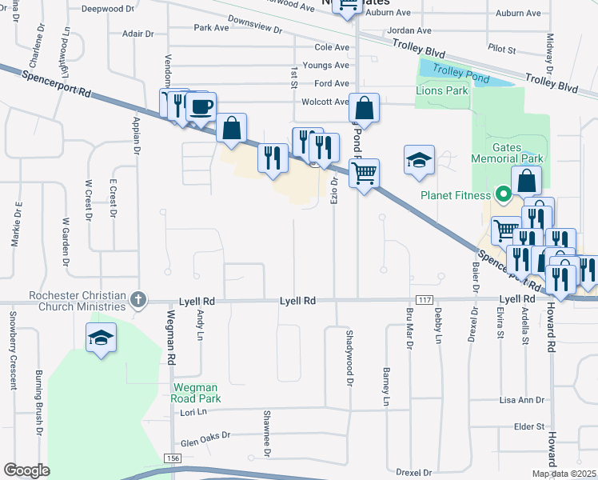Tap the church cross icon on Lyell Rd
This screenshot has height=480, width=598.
coord(138,300)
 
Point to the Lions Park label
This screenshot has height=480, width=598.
coord(442,91)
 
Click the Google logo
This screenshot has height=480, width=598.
coord(26,470)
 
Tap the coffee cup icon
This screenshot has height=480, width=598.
coord(201,106)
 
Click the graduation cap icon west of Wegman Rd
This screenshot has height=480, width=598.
coord(102,338)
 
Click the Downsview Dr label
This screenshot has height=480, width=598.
coord(255,25)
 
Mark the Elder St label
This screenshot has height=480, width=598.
coord(529,427)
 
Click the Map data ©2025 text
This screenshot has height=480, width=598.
coord(564,474)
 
